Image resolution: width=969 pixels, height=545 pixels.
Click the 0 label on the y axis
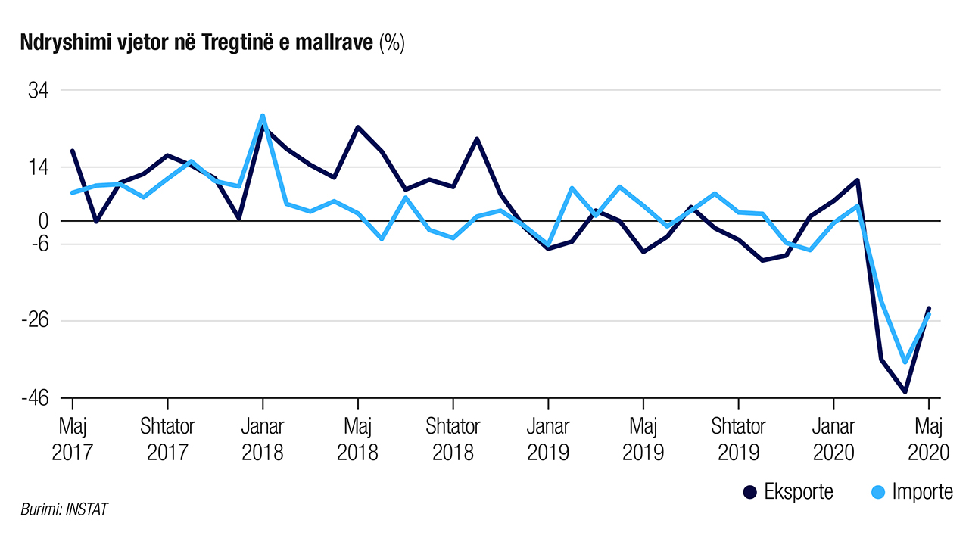[x=44, y=221]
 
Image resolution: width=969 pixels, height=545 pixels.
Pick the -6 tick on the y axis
[x=39, y=244]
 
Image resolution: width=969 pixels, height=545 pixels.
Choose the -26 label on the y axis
[x=35, y=321]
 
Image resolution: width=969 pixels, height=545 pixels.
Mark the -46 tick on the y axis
[x=35, y=397]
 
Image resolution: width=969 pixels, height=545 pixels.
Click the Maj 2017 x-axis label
[x=72, y=439]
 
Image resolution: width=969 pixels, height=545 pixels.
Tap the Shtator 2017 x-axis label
[x=167, y=439]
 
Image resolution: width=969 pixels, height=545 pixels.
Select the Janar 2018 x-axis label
[x=263, y=439]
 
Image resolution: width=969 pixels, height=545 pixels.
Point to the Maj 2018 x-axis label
[x=358, y=439]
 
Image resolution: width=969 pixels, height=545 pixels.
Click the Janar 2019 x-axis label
[x=548, y=439]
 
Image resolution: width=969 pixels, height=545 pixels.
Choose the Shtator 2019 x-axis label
[x=738, y=439]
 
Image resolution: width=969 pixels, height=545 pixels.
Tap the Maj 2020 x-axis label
[x=928, y=439]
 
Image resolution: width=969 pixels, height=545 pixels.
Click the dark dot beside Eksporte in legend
[x=751, y=492]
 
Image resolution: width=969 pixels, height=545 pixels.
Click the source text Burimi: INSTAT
[x=64, y=509]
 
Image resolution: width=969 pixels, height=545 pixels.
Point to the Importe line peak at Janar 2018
[x=263, y=116]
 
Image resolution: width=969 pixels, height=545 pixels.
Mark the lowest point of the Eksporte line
[x=905, y=391]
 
